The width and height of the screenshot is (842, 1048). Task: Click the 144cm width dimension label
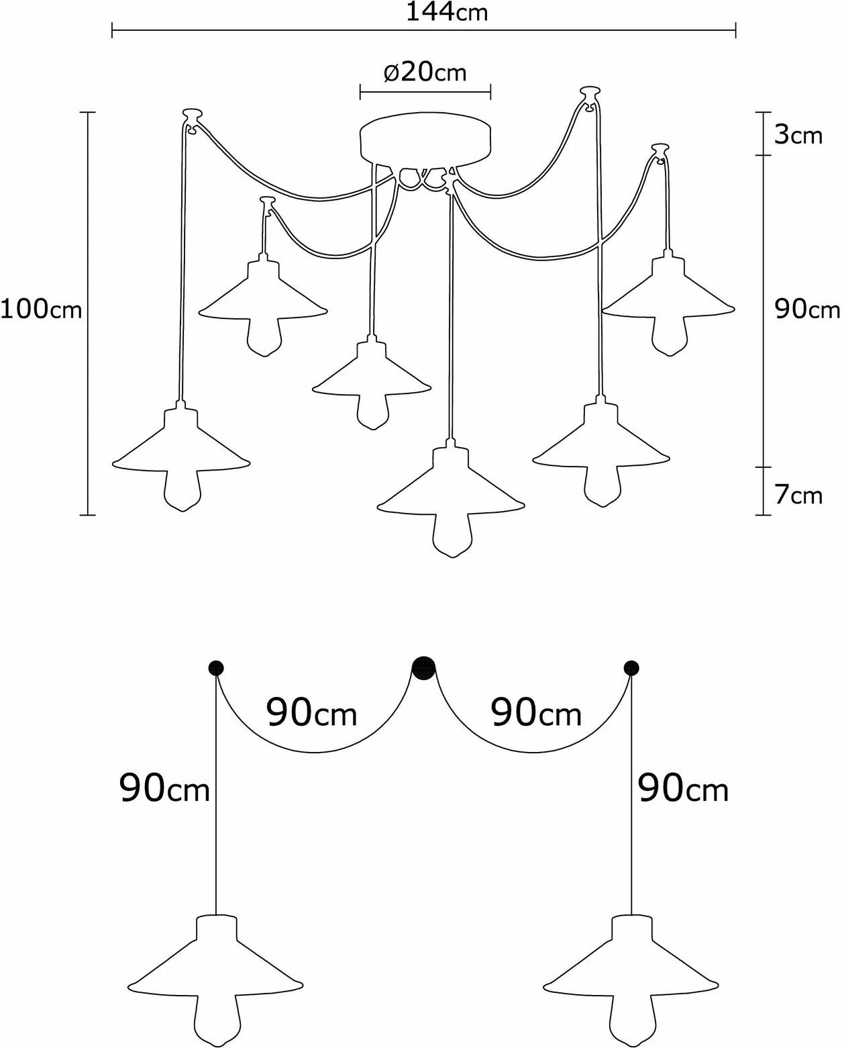(446, 12)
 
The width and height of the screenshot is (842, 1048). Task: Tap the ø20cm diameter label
(425, 73)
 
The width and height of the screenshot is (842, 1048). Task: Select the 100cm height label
(42, 309)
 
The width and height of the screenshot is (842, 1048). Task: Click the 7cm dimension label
(798, 495)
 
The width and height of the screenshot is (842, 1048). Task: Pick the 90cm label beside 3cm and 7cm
(807, 309)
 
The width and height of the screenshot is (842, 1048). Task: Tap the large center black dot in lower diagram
(424, 668)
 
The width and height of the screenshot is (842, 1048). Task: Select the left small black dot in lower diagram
(215, 667)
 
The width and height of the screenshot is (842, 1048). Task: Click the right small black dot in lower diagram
(631, 667)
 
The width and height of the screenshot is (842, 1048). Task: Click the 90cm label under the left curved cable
(311, 713)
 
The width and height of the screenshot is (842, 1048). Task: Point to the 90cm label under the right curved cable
(536, 713)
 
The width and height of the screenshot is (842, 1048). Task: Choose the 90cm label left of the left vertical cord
(164, 788)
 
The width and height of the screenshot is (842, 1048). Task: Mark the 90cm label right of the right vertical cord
(684, 788)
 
